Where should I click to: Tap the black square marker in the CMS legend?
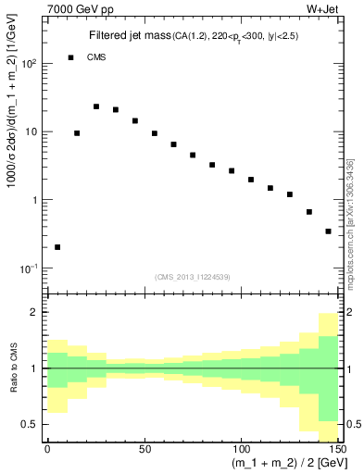70,57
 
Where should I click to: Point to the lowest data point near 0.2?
57,247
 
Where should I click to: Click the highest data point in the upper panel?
96,106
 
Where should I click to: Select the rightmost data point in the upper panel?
328,231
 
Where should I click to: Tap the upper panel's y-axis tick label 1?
36,200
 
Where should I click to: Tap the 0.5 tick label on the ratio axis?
31,424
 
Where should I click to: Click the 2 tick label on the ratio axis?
36,313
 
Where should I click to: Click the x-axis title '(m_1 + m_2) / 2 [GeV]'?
284,464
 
